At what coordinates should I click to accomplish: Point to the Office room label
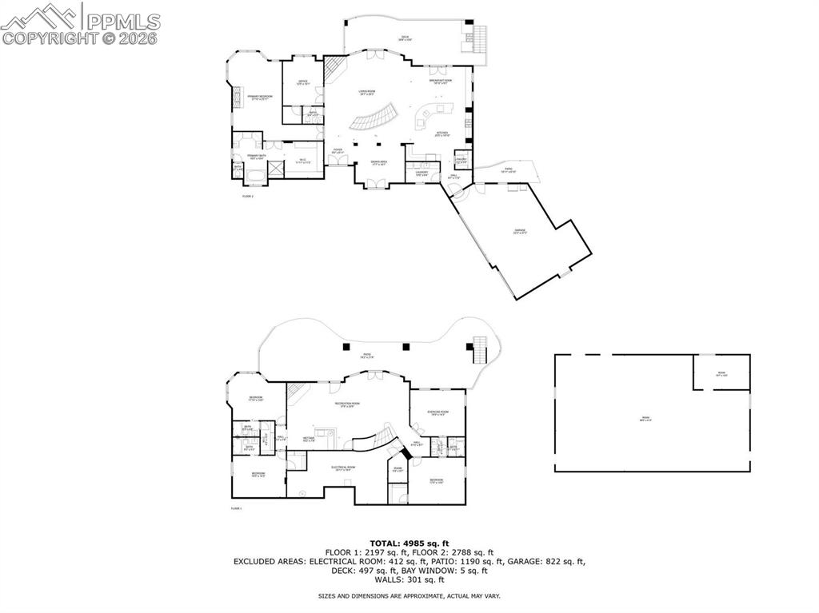click(x=303, y=83)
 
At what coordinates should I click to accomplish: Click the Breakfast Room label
click(x=441, y=82)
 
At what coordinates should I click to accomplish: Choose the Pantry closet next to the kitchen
click(x=461, y=160)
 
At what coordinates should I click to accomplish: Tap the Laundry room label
click(x=421, y=173)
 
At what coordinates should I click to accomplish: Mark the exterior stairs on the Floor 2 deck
click(x=480, y=37)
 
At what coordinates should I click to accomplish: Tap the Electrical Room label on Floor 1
click(x=346, y=468)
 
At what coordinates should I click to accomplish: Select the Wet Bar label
click(x=308, y=439)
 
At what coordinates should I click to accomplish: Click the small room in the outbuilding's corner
click(x=721, y=372)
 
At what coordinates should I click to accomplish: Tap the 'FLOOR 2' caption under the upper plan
click(x=247, y=196)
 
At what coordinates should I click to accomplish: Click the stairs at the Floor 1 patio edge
click(x=480, y=349)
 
